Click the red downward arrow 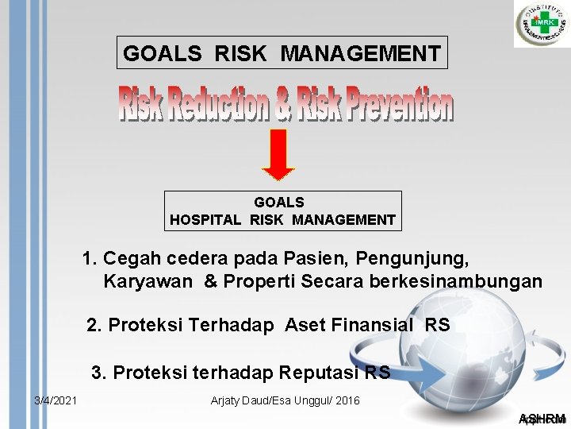278,153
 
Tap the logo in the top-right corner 542,24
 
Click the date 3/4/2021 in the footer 56,400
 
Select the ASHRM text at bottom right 542,419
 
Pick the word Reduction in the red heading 213,106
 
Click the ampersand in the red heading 283,106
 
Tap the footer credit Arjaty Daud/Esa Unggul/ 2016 285,400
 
